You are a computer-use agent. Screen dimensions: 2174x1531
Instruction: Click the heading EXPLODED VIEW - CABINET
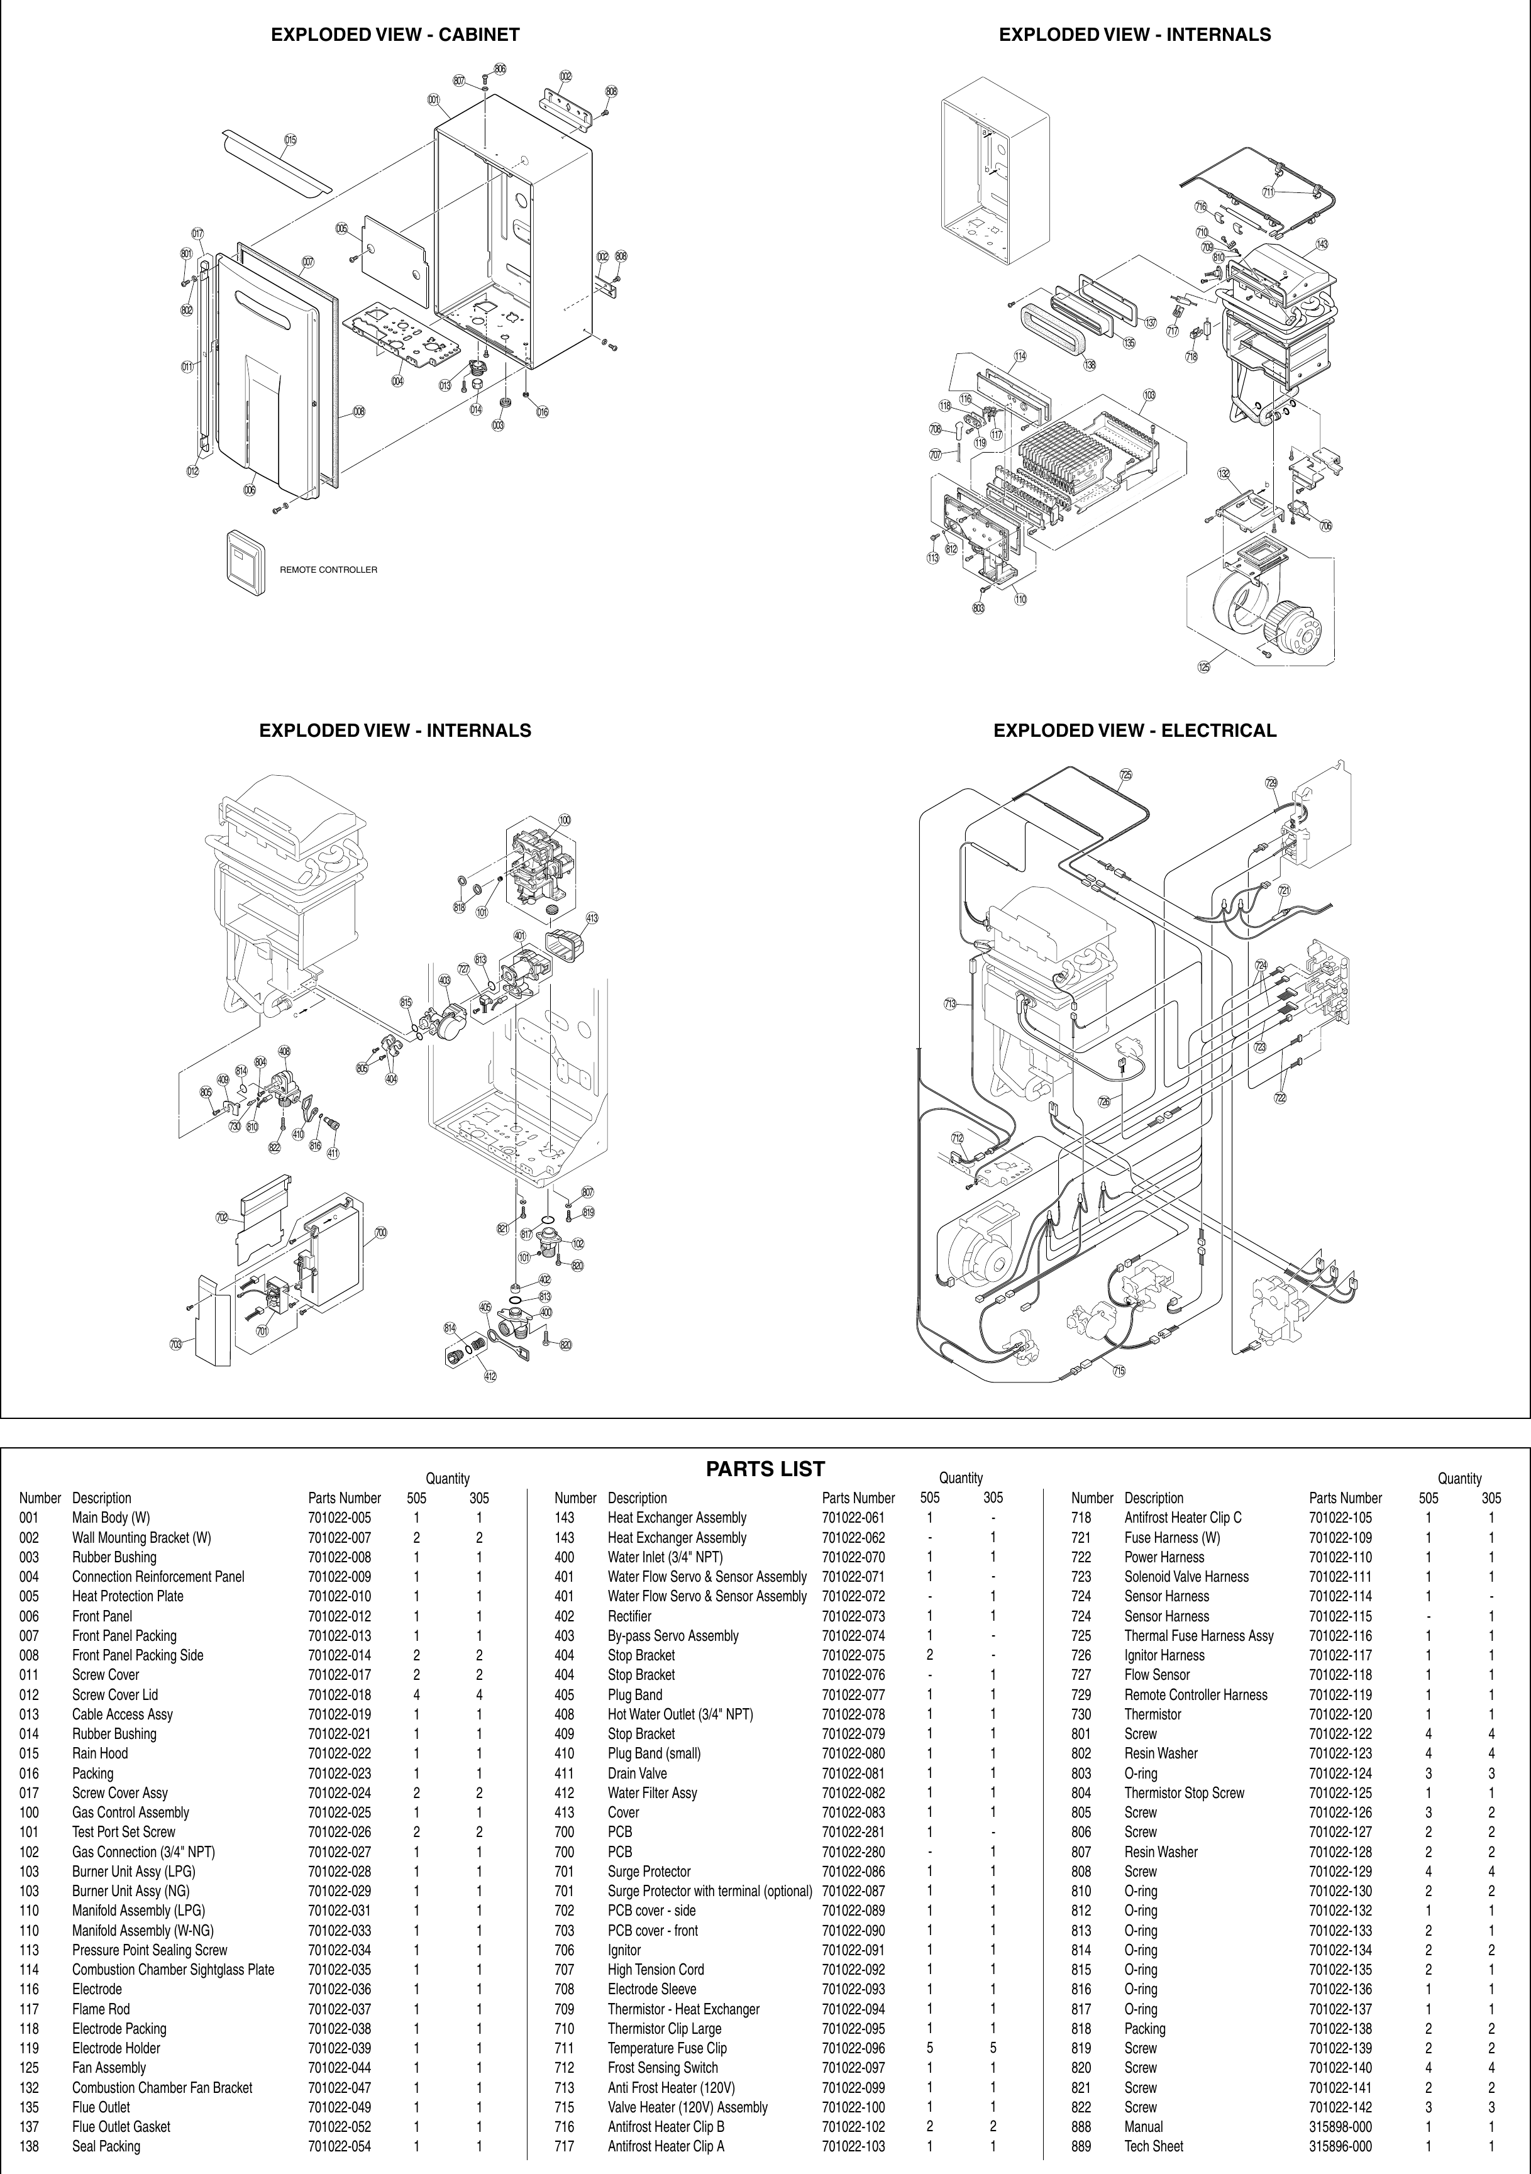point(395,35)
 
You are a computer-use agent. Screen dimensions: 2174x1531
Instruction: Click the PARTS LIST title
point(765,1469)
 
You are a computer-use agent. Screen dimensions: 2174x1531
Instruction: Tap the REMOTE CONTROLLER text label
point(328,570)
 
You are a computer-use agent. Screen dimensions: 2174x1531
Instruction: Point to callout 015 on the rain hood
point(290,140)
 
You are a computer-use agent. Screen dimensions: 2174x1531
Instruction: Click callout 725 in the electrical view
point(1125,775)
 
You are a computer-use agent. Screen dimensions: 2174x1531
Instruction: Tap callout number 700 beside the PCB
point(380,1233)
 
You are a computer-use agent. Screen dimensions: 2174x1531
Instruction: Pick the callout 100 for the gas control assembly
point(565,820)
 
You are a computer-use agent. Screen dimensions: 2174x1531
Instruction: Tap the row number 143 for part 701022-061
point(565,1518)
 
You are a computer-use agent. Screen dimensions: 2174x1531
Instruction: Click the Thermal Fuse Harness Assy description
point(1198,1635)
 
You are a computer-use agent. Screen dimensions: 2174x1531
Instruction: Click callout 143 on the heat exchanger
point(1322,245)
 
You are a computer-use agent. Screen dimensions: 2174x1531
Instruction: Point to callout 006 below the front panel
point(249,490)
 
